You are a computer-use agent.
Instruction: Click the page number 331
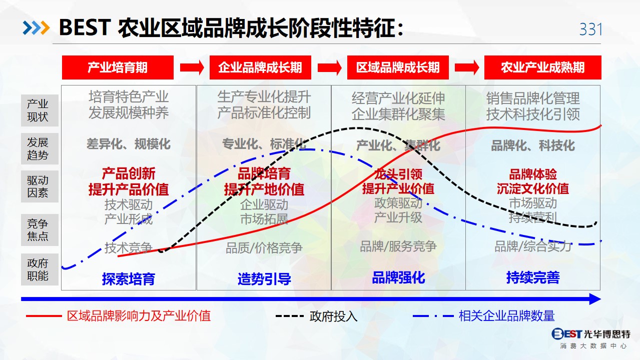coord(590,29)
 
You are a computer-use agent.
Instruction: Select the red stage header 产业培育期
coord(118,67)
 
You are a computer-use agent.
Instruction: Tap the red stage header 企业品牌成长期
coord(260,67)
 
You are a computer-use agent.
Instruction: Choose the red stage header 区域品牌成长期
coord(398,67)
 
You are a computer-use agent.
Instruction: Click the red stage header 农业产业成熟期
coord(542,67)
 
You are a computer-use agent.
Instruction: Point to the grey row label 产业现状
coord(40,110)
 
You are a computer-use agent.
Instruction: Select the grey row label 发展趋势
coord(40,148)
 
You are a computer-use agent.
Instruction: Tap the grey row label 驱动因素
coord(40,186)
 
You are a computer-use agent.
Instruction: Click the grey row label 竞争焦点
coord(40,230)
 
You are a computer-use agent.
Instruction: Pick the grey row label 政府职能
coord(40,269)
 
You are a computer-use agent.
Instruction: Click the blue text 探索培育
coord(129,278)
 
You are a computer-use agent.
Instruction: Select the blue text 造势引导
coord(264,278)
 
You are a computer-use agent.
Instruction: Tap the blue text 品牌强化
coord(398,277)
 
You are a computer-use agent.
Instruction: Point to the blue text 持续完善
coord(533,277)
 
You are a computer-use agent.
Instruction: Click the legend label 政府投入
coord(333,316)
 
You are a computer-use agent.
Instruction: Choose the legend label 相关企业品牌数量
coord(506,316)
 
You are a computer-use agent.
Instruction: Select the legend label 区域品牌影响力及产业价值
coord(139,316)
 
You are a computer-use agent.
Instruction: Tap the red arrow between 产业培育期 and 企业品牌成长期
coord(192,67)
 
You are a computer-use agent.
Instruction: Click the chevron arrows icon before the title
coord(36,28)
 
